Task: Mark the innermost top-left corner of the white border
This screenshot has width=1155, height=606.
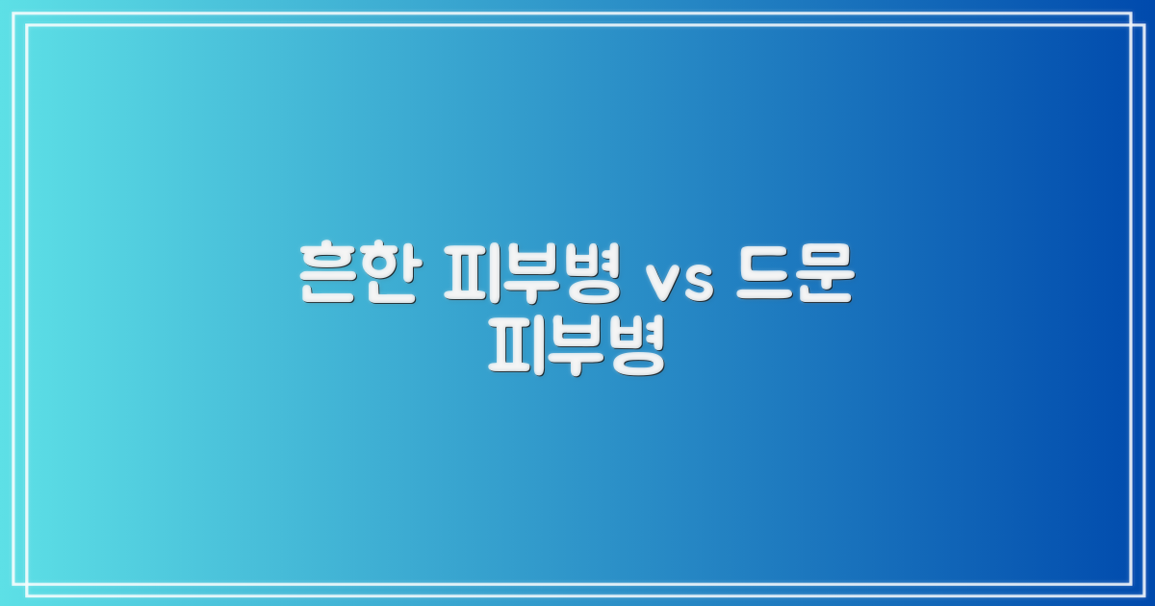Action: pos(27,26)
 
